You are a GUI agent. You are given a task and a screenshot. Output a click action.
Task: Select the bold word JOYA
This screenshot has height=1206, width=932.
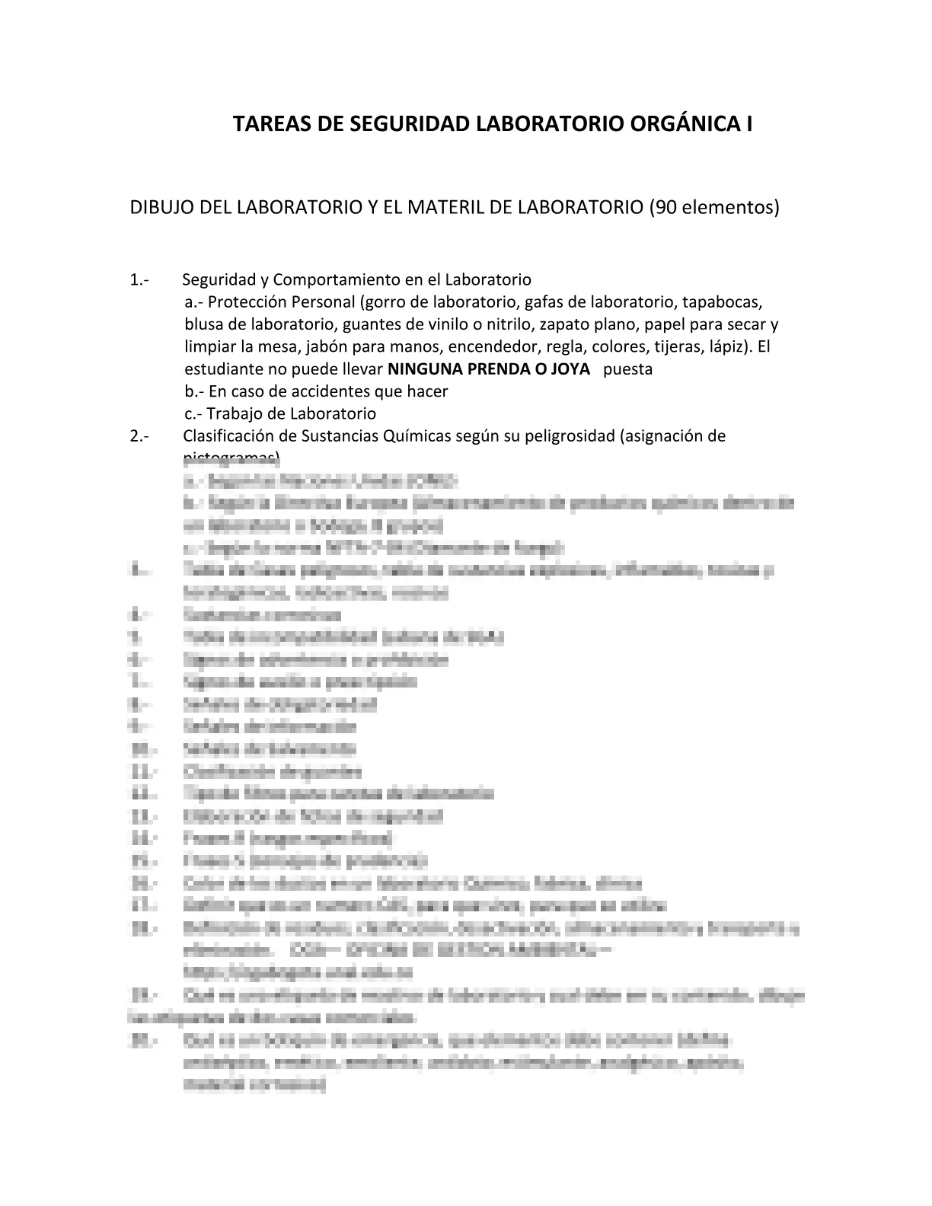click(571, 369)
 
